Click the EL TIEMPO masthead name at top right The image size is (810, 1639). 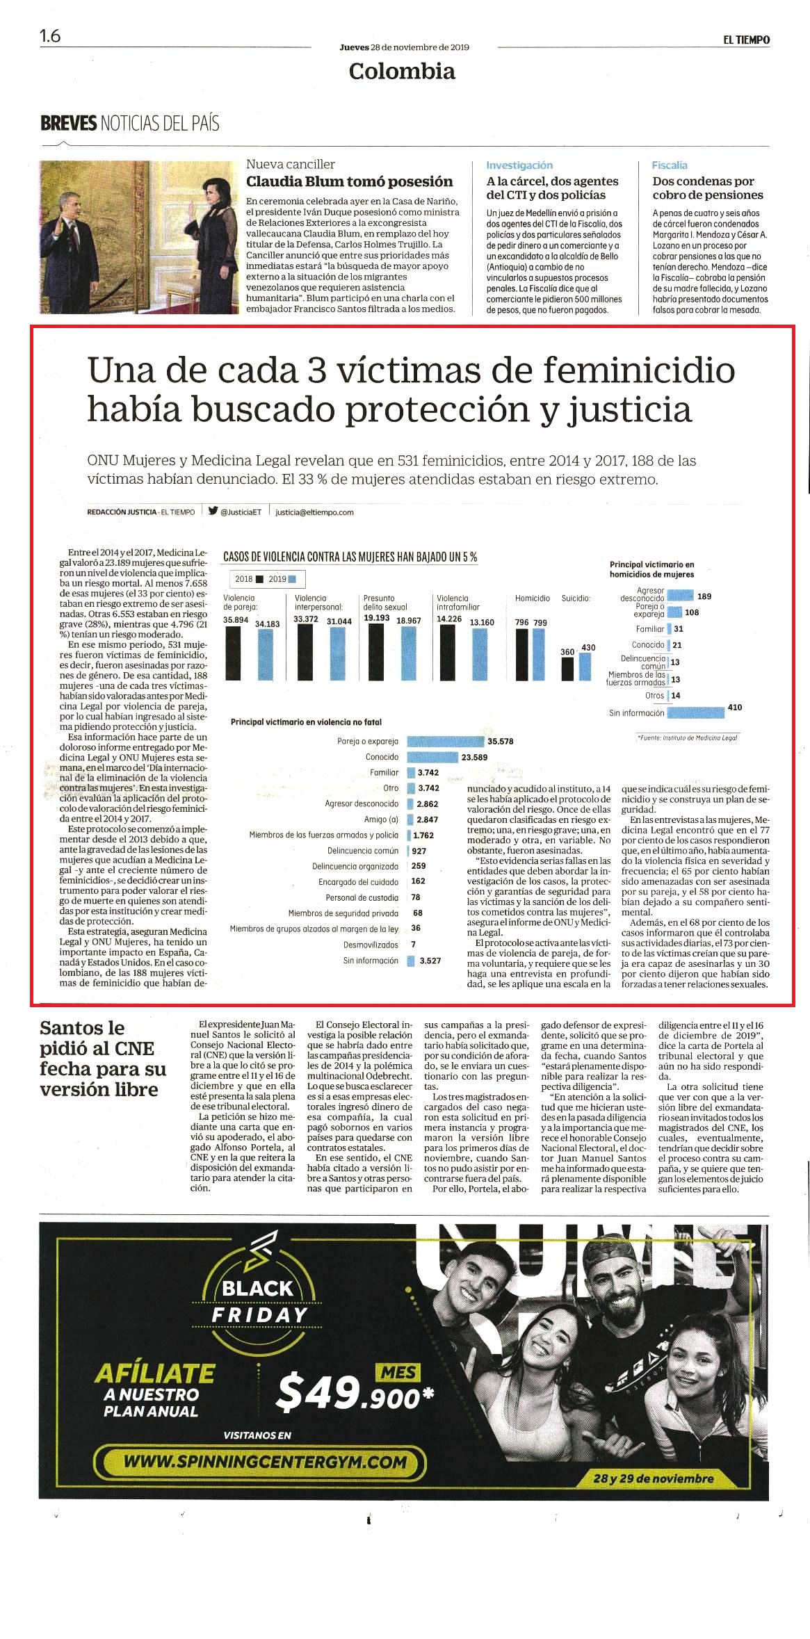point(746,40)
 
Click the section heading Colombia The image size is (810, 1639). point(402,71)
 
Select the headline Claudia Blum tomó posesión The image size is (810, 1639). point(350,181)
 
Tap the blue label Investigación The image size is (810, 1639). point(519,165)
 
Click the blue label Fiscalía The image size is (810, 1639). point(670,165)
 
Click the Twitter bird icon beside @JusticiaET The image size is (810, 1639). point(213,511)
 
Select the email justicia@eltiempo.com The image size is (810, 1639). point(314,512)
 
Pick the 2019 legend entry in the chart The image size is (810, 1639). point(282,579)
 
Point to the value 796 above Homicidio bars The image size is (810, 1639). point(521,622)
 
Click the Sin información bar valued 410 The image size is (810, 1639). point(695,712)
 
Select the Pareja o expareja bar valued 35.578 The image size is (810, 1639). point(445,742)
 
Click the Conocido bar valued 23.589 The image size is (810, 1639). point(432,757)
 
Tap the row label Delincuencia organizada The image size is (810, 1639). point(355,866)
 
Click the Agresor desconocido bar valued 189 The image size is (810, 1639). point(680,596)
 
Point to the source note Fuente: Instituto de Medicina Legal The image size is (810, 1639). point(687,737)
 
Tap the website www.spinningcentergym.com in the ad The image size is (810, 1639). point(265,1461)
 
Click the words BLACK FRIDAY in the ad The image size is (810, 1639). point(259,1299)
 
